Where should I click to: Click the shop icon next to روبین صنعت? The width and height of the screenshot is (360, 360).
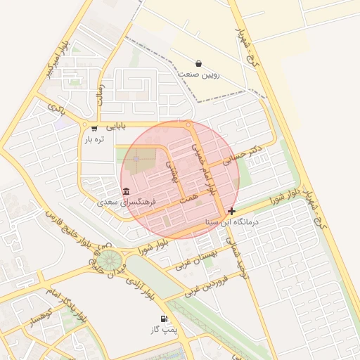pos(199,63)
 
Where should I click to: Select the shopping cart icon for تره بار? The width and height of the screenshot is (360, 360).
pos(94,128)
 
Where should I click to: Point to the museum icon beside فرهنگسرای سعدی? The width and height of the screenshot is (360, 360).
pos(126,191)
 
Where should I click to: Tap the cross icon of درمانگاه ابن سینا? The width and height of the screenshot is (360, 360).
pos(232,211)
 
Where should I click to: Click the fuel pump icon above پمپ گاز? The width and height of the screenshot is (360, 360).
pos(165,319)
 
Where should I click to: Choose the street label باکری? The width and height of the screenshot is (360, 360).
pos(56,110)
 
